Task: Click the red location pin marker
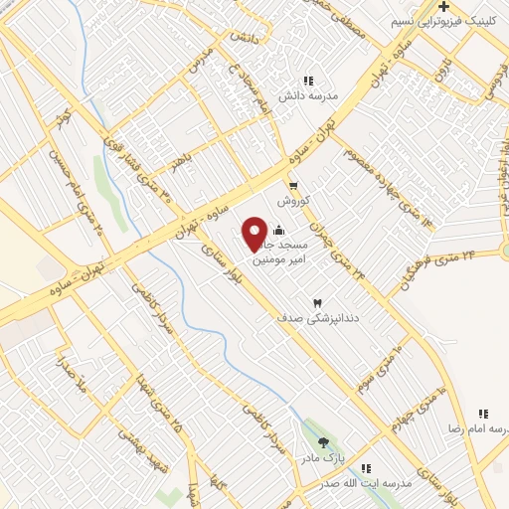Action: [x=255, y=233]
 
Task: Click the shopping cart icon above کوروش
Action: [x=293, y=185]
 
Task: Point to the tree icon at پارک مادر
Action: [x=321, y=442]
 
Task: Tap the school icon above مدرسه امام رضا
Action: [x=484, y=414]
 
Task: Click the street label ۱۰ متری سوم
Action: [x=383, y=368]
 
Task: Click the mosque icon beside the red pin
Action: [x=277, y=232]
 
